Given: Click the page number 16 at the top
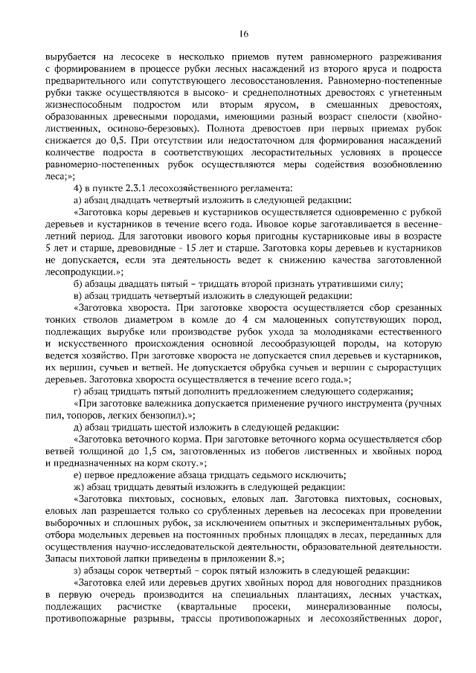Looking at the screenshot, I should (x=243, y=33).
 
